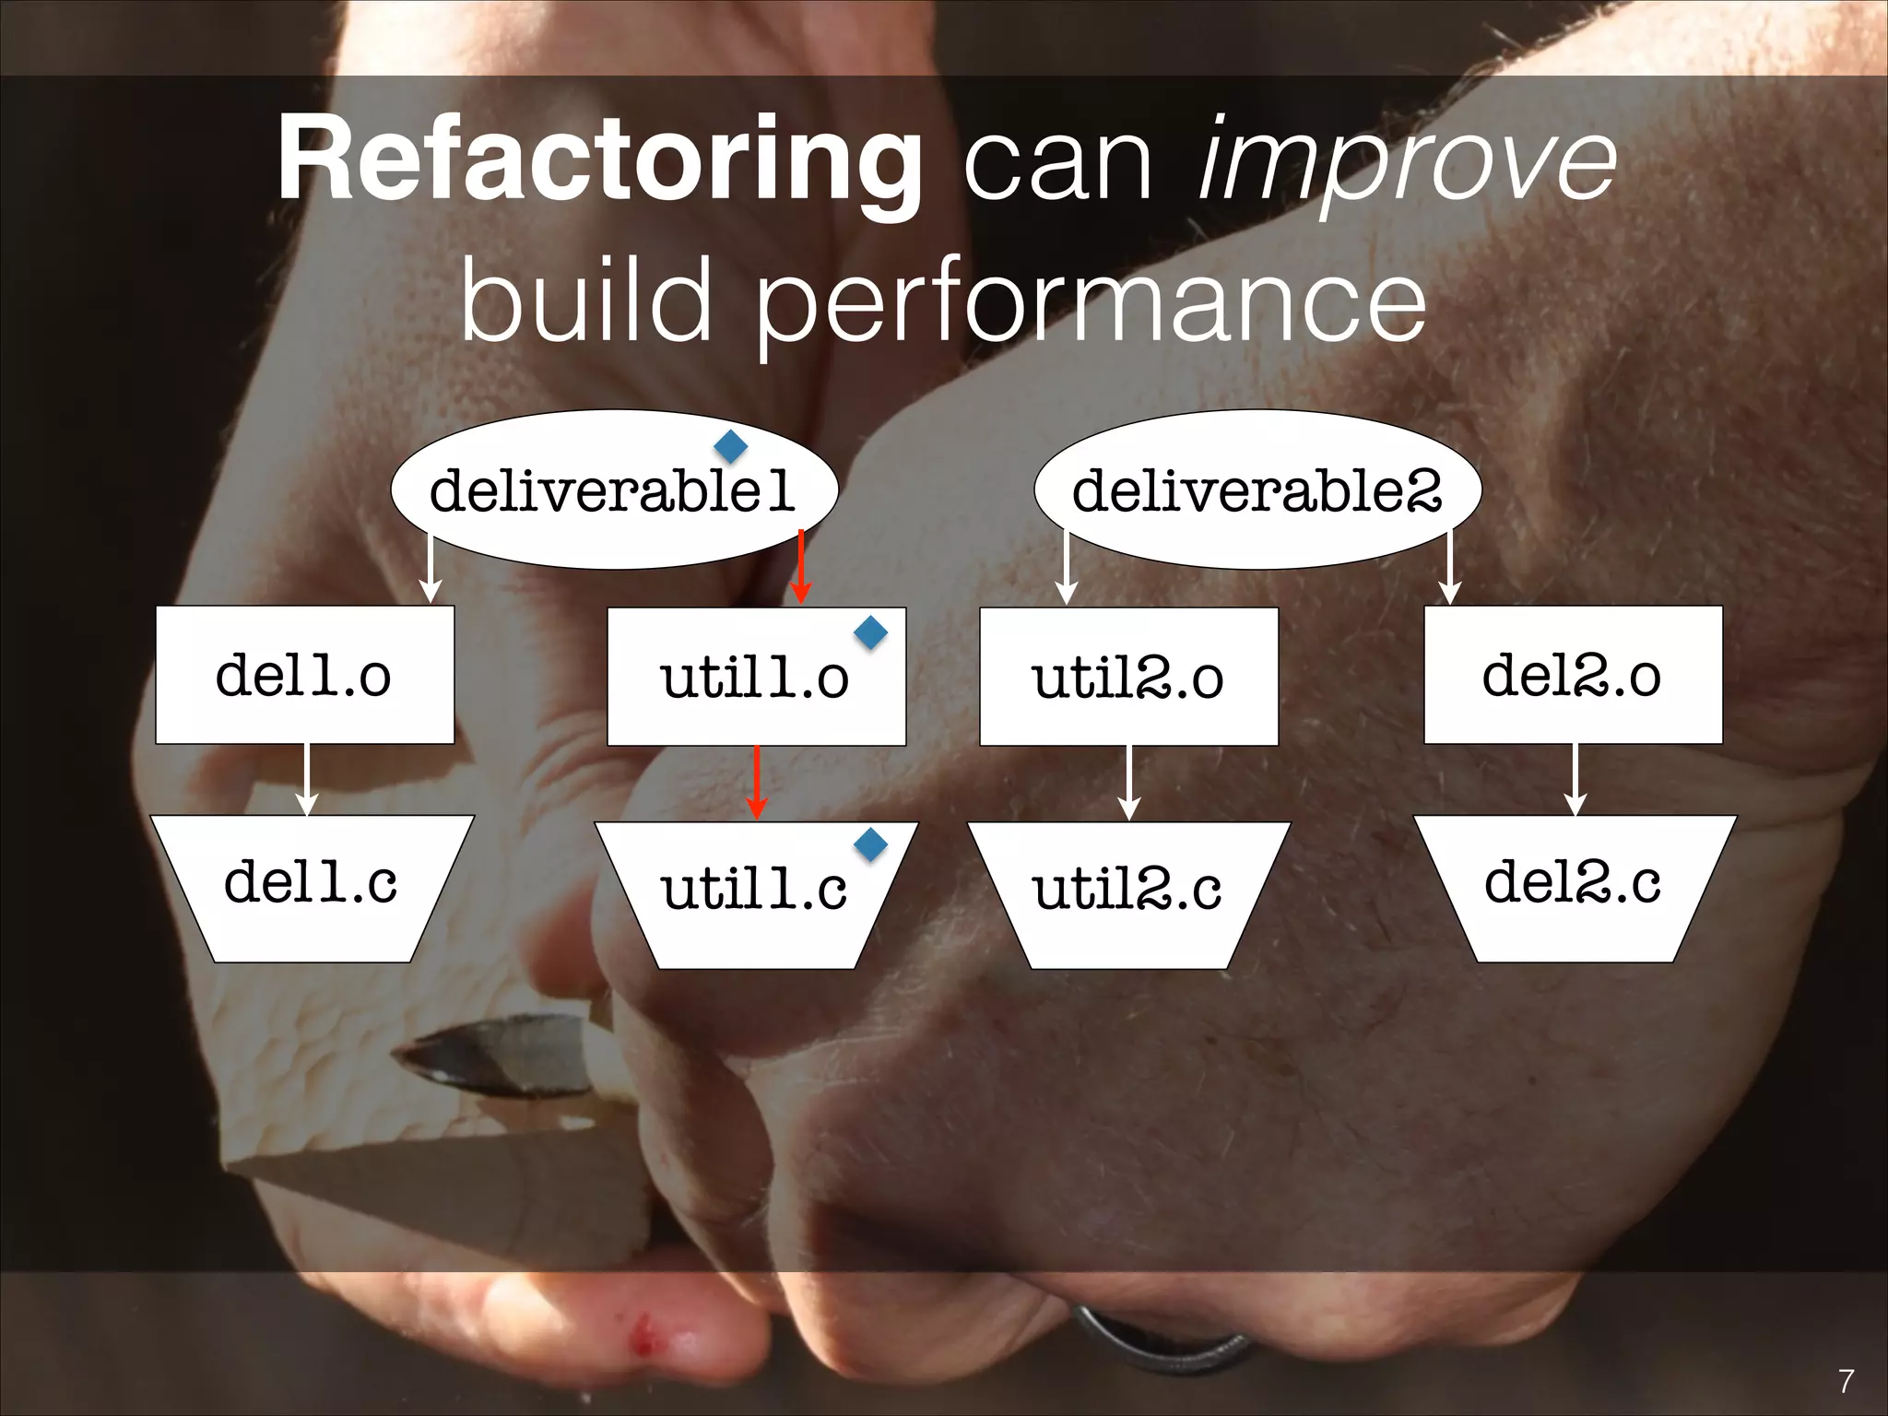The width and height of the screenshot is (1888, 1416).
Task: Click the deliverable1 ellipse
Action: point(614,490)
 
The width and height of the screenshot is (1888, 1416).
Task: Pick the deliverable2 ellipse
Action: point(1257,490)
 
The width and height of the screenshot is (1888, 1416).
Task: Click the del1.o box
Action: point(304,675)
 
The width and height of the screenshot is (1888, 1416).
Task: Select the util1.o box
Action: point(756,677)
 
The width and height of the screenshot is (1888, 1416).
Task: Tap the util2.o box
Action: point(1128,677)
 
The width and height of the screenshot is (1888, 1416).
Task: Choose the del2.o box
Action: point(1573,675)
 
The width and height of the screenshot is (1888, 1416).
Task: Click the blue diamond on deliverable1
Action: point(731,446)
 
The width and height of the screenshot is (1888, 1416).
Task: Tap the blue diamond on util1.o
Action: point(870,631)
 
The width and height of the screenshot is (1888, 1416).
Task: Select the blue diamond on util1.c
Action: point(870,843)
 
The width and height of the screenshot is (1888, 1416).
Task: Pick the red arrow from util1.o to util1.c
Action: point(756,782)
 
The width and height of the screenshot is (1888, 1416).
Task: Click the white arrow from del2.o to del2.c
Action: point(1575,779)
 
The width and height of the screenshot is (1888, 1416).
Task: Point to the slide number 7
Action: point(1846,1381)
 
